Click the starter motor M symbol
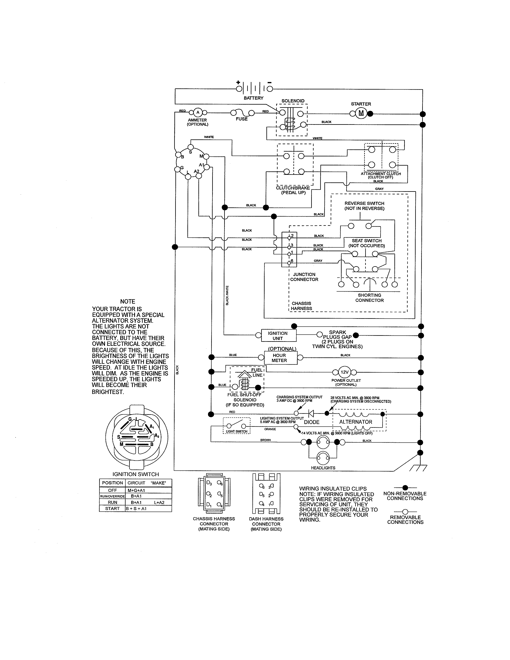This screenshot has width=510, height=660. click(x=361, y=113)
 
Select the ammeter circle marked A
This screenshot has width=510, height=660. click(x=198, y=112)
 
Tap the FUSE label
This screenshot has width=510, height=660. click(x=242, y=119)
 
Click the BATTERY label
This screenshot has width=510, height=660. click(x=253, y=98)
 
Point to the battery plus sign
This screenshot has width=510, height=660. click(x=238, y=82)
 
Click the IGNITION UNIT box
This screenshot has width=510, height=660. click(x=278, y=335)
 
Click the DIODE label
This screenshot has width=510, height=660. click(x=311, y=422)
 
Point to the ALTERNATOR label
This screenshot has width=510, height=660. click(x=356, y=422)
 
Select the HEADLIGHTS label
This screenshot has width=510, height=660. click(x=323, y=468)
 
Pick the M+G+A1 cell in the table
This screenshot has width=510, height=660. click(x=136, y=490)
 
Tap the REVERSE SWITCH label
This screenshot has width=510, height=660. click(x=364, y=203)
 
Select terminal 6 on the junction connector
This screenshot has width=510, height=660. click(x=289, y=263)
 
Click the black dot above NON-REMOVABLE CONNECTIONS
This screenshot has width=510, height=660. click(x=405, y=487)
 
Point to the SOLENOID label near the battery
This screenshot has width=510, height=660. click(x=293, y=101)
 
